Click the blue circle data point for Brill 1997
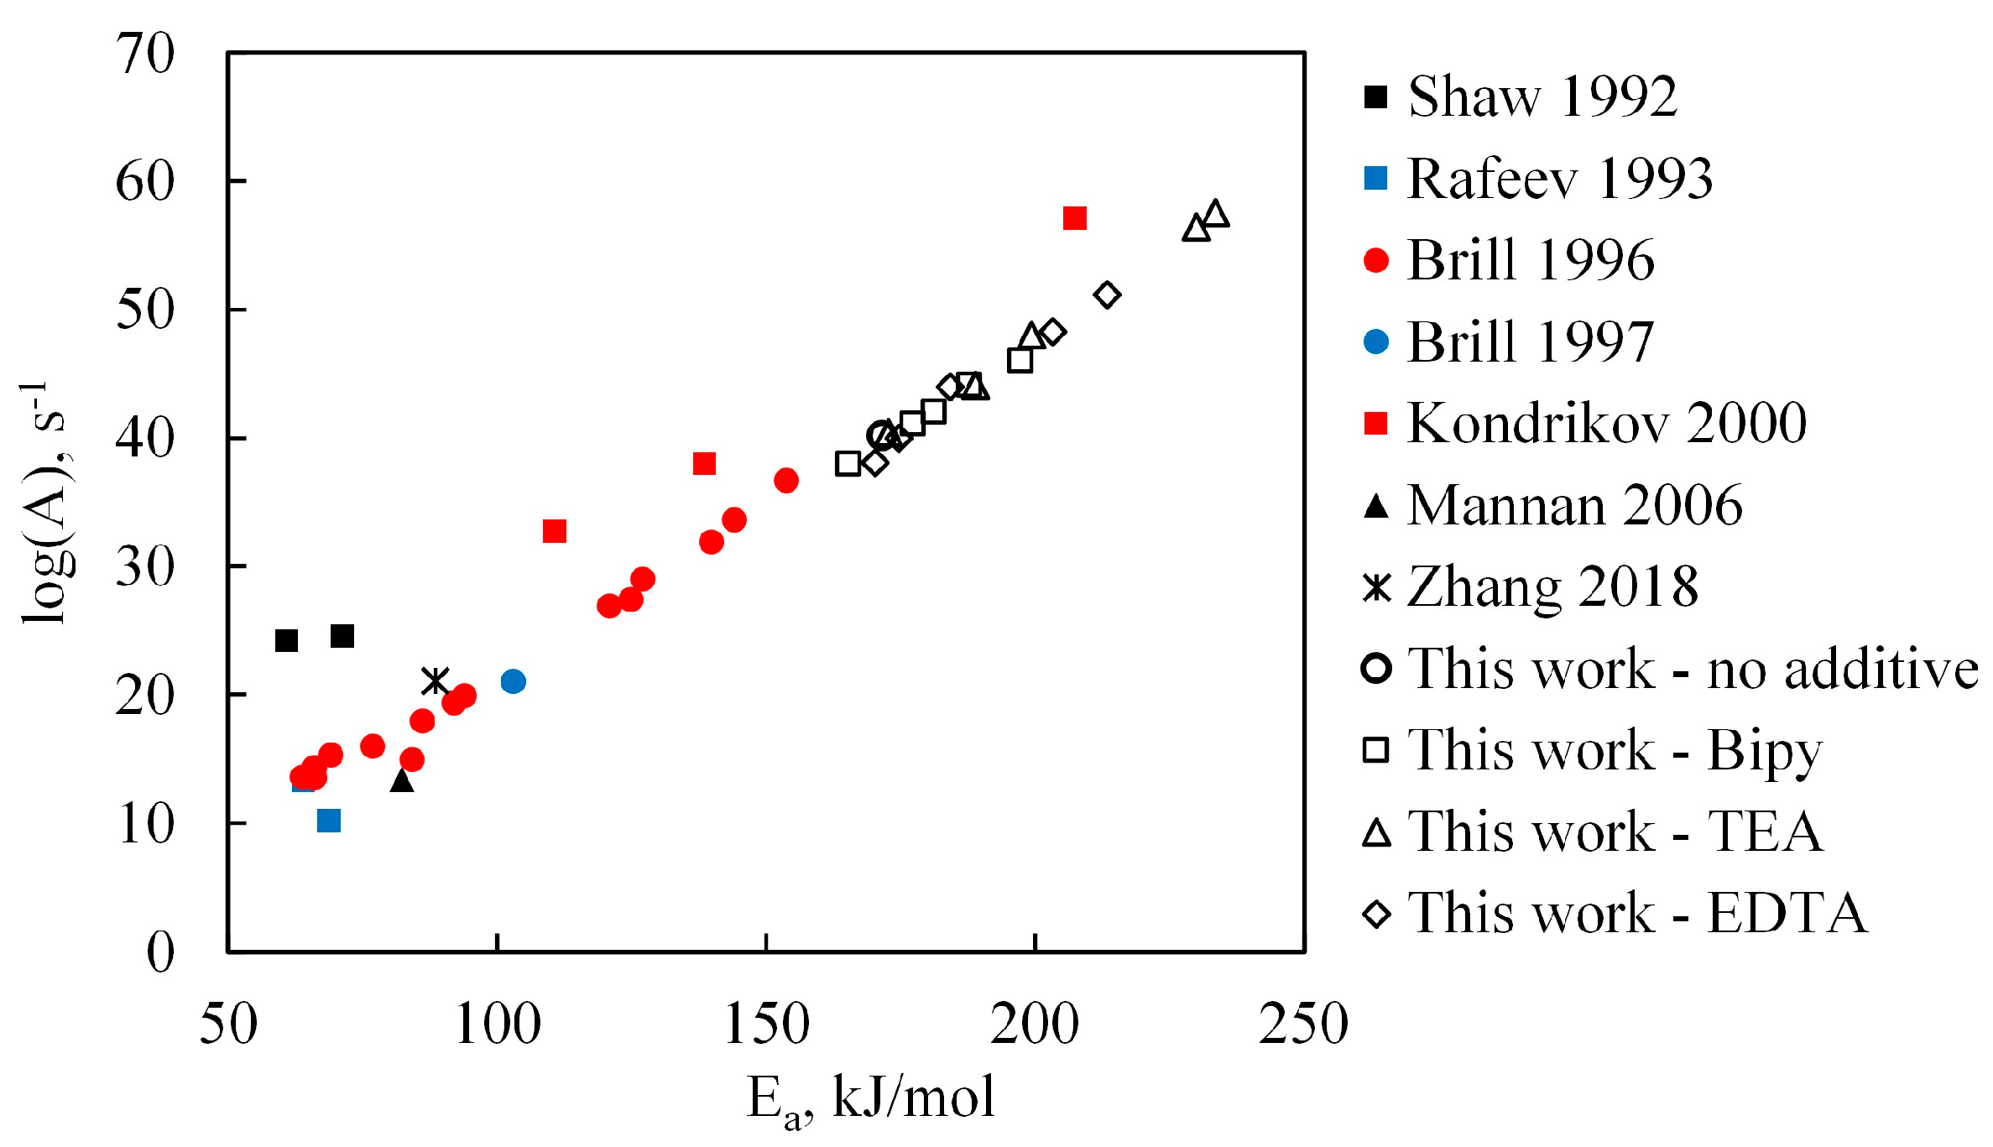point(513,681)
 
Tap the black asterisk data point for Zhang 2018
point(436,680)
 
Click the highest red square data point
point(1075,218)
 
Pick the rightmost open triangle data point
point(1216,214)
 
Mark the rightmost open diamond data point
point(1108,295)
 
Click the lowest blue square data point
point(329,821)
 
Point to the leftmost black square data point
point(286,641)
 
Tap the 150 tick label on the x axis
point(766,1024)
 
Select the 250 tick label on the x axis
point(1303,1024)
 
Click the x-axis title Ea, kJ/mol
point(870,1099)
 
